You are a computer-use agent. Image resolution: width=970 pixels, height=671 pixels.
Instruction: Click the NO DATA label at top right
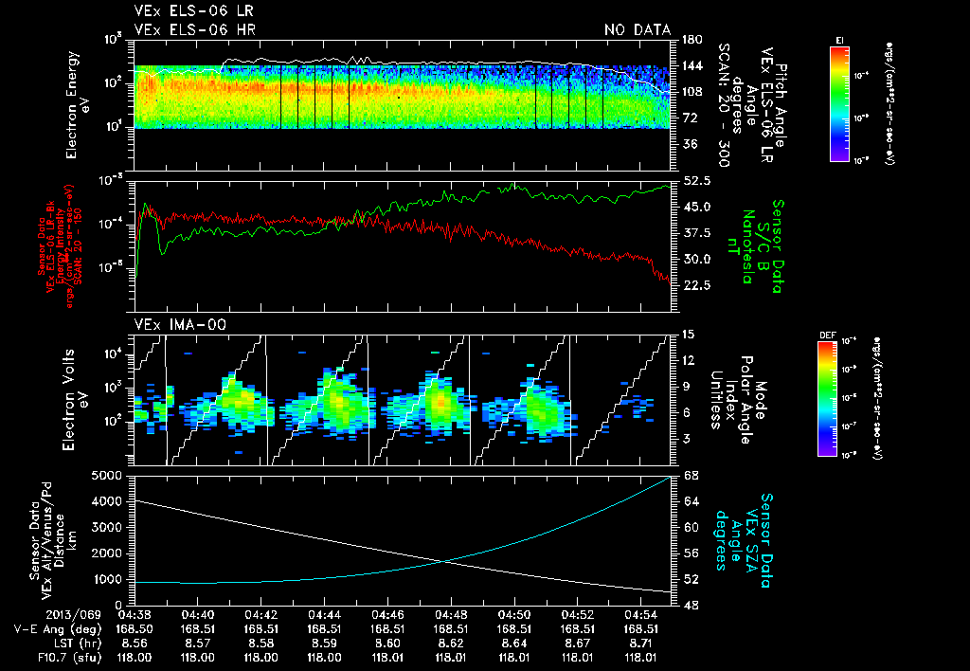coord(637,29)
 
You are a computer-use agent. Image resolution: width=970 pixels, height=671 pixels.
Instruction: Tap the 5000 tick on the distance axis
coord(107,474)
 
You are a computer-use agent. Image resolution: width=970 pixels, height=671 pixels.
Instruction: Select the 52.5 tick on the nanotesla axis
coord(696,180)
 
